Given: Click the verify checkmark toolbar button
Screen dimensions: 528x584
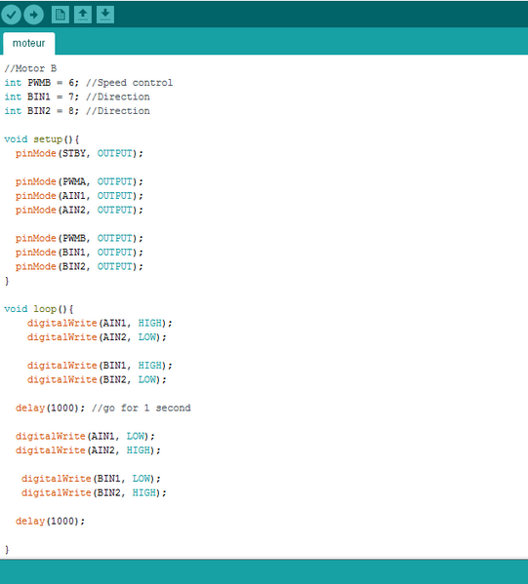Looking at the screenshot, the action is click(x=11, y=15).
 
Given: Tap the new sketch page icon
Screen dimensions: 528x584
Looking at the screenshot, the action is click(x=61, y=15).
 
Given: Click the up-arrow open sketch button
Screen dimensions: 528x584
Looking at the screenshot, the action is click(x=83, y=15).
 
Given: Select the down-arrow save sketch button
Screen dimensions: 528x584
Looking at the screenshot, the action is click(x=105, y=15).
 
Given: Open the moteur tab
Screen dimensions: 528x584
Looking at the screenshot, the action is click(x=28, y=43).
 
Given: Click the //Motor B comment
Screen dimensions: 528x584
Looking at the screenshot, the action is click(x=30, y=68).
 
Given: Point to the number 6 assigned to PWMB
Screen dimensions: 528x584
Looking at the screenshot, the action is click(x=71, y=83).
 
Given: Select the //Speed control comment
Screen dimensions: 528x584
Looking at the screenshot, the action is click(x=130, y=83).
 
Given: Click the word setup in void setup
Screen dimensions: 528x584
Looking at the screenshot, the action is click(x=48, y=139).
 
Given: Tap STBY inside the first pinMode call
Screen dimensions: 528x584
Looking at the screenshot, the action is click(x=74, y=153).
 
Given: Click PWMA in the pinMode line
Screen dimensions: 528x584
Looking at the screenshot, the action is click(x=74, y=181).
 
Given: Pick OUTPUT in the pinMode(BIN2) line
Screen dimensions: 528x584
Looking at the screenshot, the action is click(x=115, y=267).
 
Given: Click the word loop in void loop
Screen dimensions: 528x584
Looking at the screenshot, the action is click(x=45, y=309).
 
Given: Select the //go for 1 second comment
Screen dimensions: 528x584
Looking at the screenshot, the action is click(x=142, y=409).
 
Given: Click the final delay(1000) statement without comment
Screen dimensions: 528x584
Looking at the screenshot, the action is click(x=51, y=521).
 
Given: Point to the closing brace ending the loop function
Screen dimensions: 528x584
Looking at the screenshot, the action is click(x=7, y=549).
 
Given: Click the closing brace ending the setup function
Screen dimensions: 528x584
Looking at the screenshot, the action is click(x=7, y=281).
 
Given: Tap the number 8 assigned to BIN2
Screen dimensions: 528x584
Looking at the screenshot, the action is click(x=71, y=111).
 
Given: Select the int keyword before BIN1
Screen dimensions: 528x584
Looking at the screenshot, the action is click(x=13, y=97).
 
